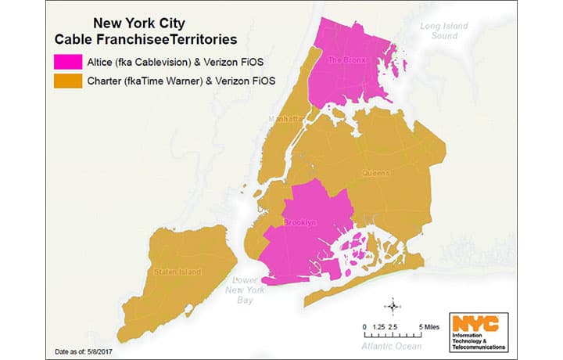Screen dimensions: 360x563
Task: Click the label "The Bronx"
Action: (345, 59)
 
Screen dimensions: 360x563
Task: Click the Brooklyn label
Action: (301, 223)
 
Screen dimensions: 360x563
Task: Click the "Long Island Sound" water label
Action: (445, 31)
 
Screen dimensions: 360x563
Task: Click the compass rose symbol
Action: (393, 305)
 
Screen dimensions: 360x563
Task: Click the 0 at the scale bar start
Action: (364, 326)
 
